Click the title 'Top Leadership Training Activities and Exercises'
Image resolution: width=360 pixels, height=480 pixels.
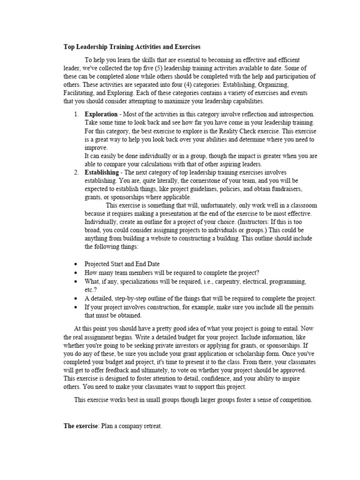click(x=132, y=47)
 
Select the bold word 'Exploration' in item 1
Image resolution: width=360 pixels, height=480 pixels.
click(x=101, y=114)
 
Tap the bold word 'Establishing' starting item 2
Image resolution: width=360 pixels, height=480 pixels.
click(x=102, y=172)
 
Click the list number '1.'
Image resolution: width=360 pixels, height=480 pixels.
click(x=76, y=114)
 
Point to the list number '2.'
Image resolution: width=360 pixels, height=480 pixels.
click(x=76, y=172)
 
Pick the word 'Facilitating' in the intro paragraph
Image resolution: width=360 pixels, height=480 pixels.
click(x=79, y=93)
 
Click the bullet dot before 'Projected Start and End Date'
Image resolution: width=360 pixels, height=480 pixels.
click(x=76, y=264)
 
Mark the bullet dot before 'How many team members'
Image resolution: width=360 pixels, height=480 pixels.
click(x=76, y=273)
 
